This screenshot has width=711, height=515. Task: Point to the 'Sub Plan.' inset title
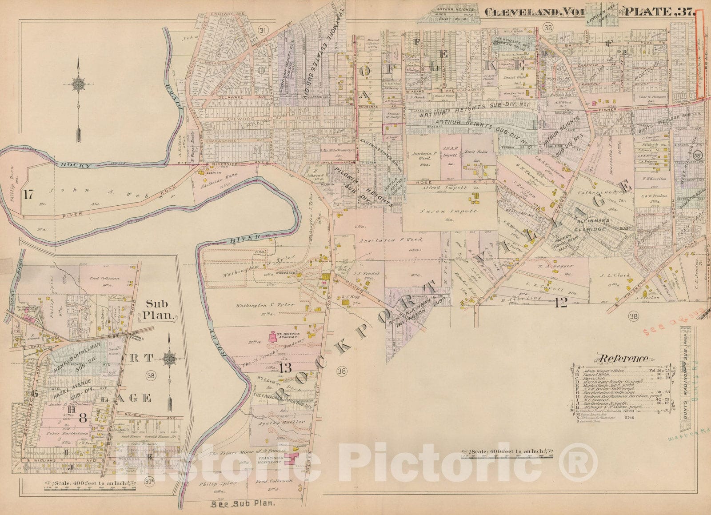[x=159, y=310]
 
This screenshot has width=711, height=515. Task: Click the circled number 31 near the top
[x=264, y=30]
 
